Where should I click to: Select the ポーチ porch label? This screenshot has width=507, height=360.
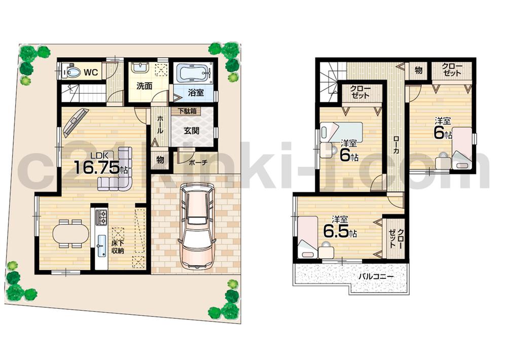(197, 163)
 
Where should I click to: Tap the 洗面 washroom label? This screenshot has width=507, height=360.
(143, 86)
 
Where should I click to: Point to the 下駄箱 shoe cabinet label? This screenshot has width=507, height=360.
(187, 111)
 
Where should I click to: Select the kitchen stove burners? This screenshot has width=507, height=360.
(100, 217)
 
